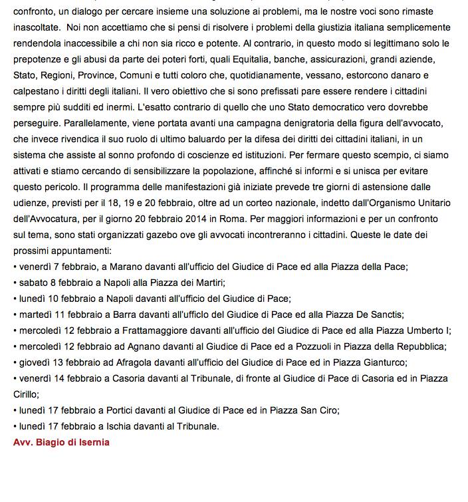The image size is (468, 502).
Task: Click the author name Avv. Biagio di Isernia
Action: [x=61, y=441]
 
